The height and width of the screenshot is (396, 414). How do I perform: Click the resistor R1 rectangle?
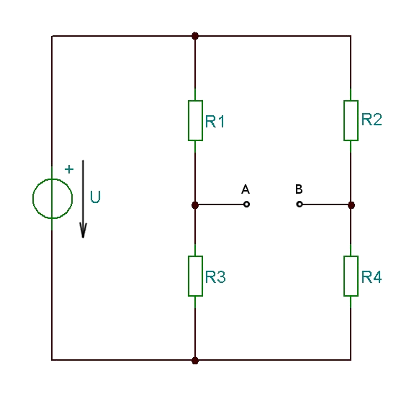(189, 120)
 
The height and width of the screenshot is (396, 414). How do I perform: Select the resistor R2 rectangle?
(344, 120)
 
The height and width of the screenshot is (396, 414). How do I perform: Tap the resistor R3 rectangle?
(189, 276)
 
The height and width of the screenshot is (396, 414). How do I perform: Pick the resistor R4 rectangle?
(344, 276)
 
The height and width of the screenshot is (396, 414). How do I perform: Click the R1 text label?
(215, 122)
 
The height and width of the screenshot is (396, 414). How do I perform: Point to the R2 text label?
(372, 120)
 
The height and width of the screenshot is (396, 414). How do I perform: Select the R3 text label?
(215, 277)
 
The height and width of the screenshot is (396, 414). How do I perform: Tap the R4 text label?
(372, 277)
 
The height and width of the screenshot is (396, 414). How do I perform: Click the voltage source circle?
(32, 199)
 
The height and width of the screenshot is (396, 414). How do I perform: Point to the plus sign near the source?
(69, 169)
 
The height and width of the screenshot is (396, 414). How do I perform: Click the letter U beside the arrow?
(95, 197)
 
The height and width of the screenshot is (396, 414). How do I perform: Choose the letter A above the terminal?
(246, 189)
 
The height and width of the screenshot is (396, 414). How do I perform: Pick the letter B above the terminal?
(299, 189)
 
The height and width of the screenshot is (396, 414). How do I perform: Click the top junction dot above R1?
(195, 36)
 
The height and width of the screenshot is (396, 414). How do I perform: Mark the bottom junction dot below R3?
(195, 361)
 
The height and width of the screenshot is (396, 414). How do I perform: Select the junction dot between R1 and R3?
(195, 205)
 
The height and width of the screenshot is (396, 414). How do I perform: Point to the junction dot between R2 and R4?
(351, 205)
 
